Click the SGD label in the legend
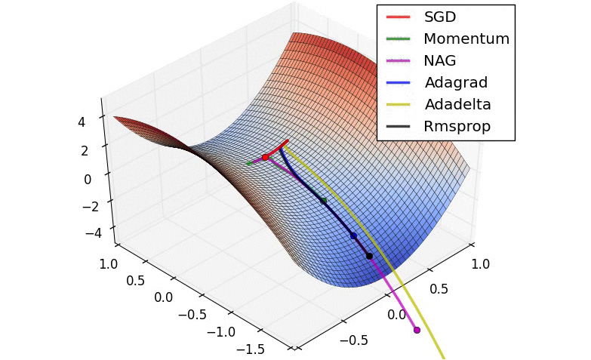tap(440, 17)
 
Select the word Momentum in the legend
tap(466, 38)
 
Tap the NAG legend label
tap(440, 60)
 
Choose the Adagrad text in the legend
tap(456, 82)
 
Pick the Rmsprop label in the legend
tap(457, 126)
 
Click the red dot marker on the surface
tap(265, 157)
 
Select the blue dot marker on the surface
tap(353, 236)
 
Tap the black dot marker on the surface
tap(369, 256)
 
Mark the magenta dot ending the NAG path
tap(417, 330)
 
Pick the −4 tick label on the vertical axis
tap(94, 232)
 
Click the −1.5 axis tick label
tap(251, 349)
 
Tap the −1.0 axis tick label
tap(220, 331)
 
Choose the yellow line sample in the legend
tap(398, 104)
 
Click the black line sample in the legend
tap(398, 126)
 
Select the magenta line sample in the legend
tap(398, 60)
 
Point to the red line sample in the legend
tap(398, 17)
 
